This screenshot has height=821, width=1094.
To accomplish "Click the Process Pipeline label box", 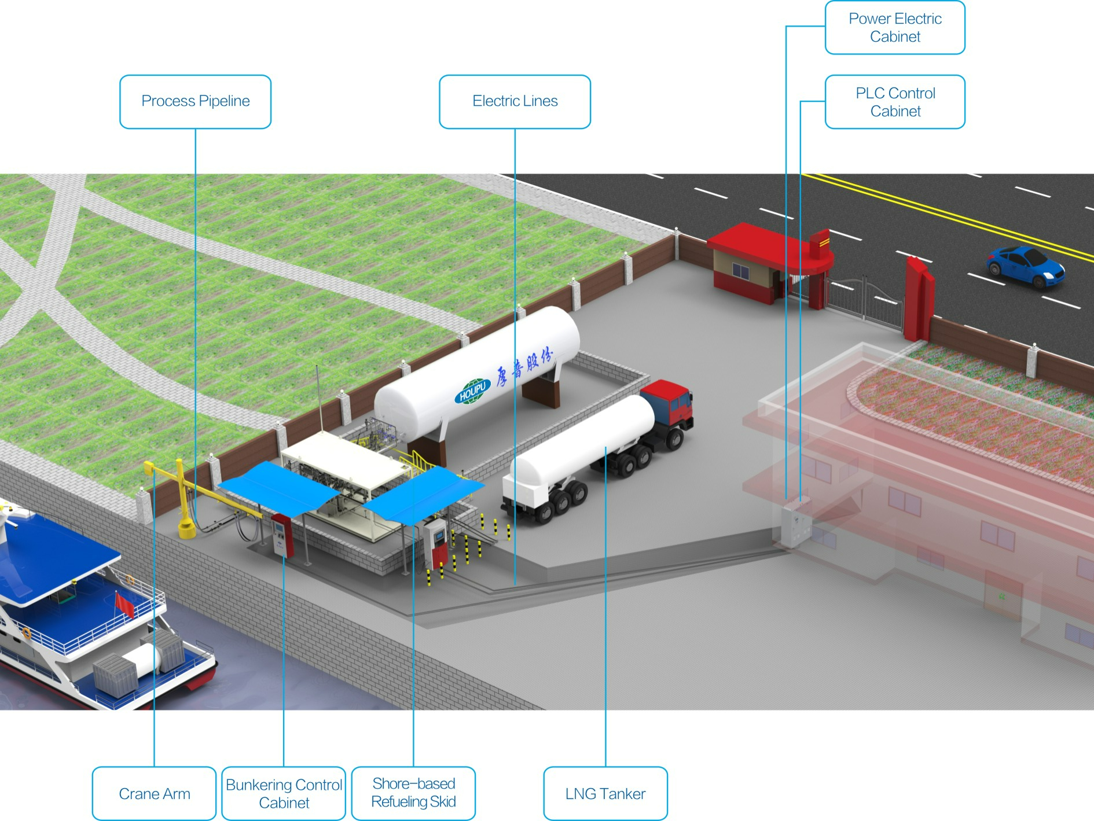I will point(195,101).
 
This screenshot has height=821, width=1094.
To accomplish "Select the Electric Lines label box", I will point(515,101).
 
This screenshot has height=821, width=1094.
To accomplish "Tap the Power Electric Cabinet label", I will point(894,27).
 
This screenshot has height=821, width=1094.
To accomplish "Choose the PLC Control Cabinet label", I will point(894,102).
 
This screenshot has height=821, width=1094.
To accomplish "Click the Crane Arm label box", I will point(154,793).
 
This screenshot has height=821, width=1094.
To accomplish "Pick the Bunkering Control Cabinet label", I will point(284,793).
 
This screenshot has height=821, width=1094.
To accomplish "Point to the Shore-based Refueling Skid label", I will point(413,793).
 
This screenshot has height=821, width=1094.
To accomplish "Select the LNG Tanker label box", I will point(605,793).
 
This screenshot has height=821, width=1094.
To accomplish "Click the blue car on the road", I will point(1025,266).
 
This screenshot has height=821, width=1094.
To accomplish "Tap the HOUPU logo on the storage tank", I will point(472,391).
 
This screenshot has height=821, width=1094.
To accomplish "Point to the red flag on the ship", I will point(124,604).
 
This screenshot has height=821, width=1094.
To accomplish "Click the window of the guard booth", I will point(740,270).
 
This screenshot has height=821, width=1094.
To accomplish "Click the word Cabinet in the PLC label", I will point(895,111).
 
